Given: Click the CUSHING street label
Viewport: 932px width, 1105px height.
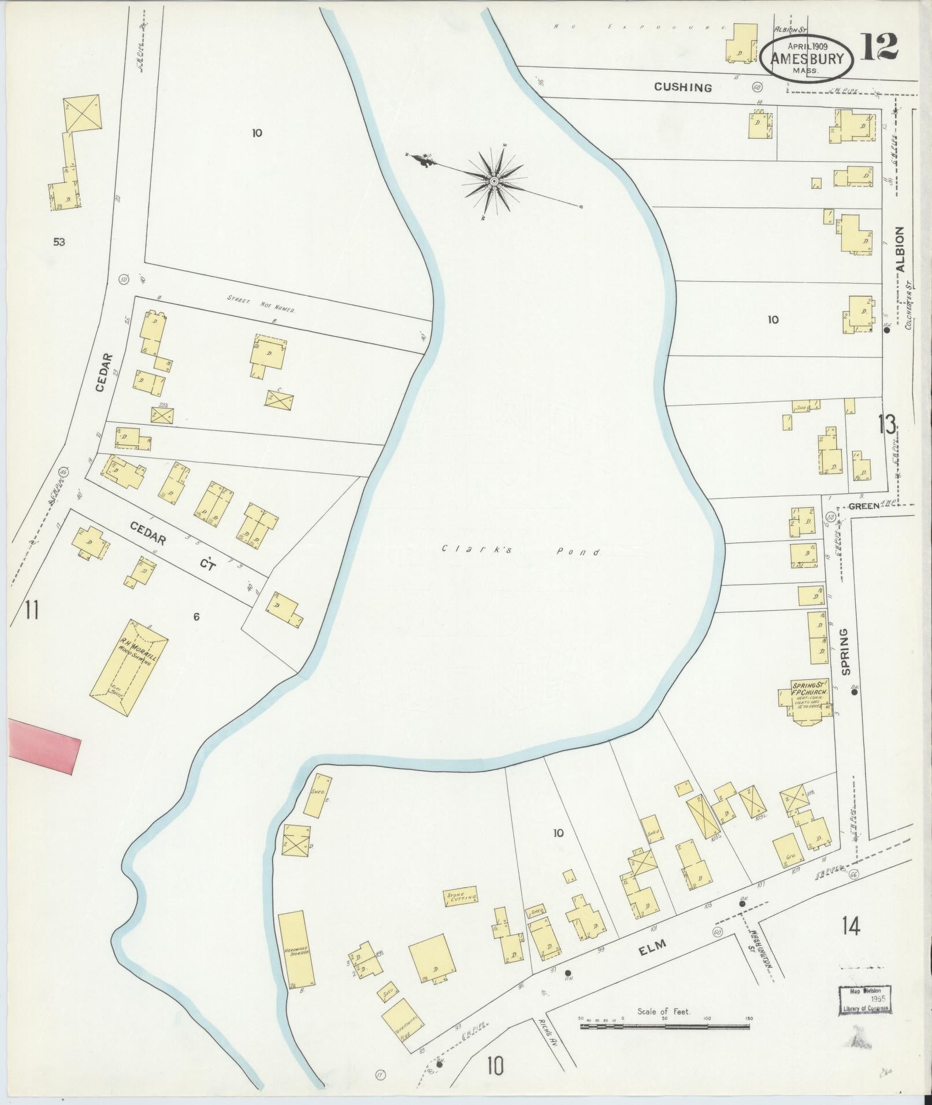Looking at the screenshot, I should click(x=682, y=88).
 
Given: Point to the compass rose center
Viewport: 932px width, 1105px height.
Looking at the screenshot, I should click(x=495, y=181).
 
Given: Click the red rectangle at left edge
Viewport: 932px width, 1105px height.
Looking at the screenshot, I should click(x=43, y=745).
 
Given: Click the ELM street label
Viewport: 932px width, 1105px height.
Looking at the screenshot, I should click(x=653, y=943).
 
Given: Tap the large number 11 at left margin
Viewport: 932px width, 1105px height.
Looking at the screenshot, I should click(x=32, y=610).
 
